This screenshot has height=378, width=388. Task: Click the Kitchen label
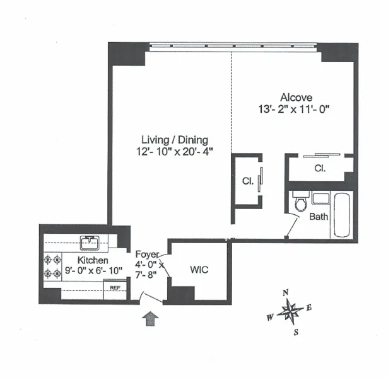pyautogui.click(x=93, y=260)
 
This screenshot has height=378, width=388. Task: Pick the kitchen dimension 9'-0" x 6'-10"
pyautogui.click(x=93, y=271)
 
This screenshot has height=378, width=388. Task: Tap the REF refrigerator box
pyautogui.click(x=115, y=288)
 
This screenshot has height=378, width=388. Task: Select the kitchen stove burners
pyautogui.click(x=51, y=265)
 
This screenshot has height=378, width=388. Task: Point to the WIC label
pyautogui.click(x=199, y=270)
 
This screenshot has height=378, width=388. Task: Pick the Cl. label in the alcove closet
pyautogui.click(x=320, y=169)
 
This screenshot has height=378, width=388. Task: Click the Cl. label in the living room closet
pyautogui.click(x=247, y=181)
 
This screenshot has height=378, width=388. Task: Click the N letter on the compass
pyautogui.click(x=285, y=292)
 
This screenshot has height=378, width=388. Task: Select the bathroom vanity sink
pyautogui.click(x=320, y=199)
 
